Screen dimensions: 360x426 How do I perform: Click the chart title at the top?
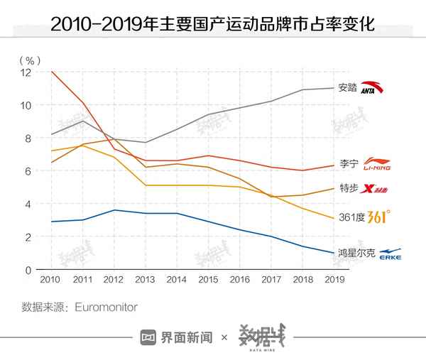tap(212, 26)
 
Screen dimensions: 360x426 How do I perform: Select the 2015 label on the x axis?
tap(207, 279)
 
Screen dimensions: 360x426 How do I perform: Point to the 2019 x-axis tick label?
tap(334, 279)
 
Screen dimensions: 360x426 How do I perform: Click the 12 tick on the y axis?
tap(26, 72)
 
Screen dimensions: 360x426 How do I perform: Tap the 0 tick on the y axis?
tap(29, 270)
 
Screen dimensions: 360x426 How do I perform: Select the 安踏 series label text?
tap(348, 88)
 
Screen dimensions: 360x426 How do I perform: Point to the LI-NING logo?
tap(377, 165)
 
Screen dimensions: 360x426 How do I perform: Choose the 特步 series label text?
tap(348, 189)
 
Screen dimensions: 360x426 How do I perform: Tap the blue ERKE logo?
tap(391, 253)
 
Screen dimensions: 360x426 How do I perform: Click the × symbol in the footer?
tap(224, 338)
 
